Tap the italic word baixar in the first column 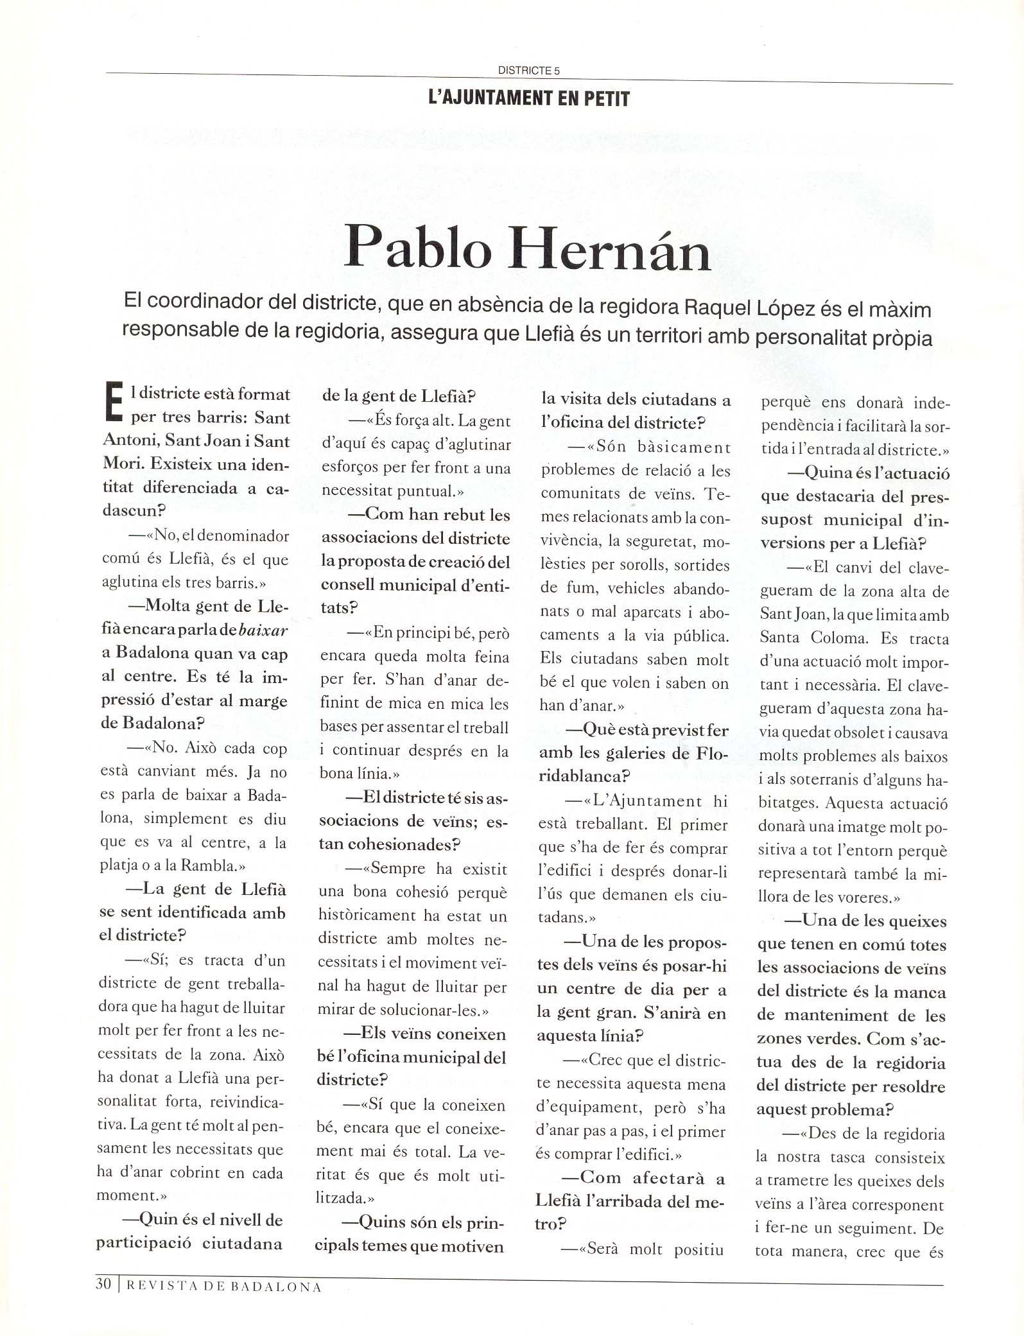tap(263, 630)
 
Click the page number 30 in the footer tap(103, 1284)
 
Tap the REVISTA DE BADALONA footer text tap(222, 1287)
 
